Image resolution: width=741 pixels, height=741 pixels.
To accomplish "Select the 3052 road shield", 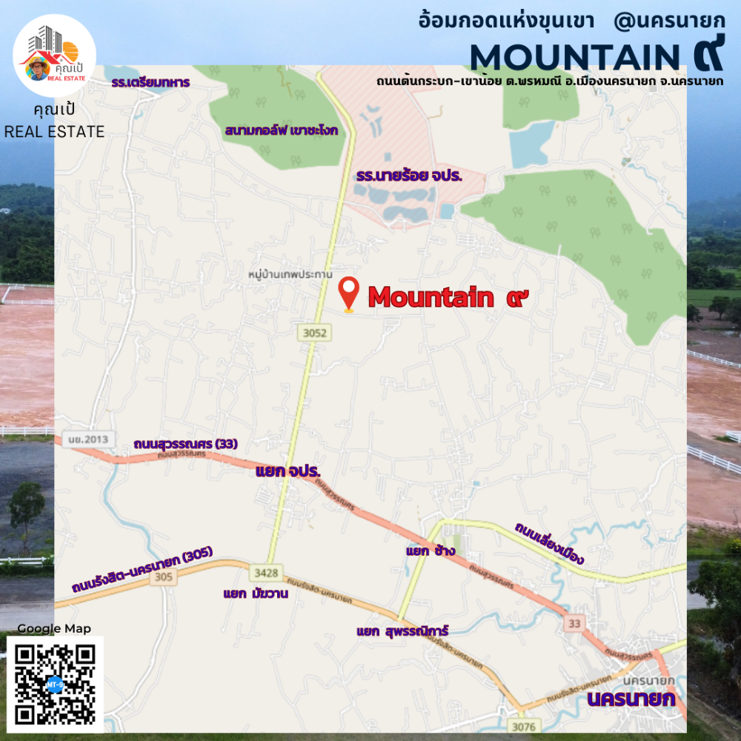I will click(x=314, y=333).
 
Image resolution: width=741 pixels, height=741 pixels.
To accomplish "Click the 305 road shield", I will click(x=164, y=576).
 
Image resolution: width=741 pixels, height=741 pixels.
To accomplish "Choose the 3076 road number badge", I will click(x=523, y=725).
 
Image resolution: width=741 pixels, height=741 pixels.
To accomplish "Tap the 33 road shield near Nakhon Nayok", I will click(x=573, y=623).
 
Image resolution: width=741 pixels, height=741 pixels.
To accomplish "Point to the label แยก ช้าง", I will click(x=431, y=551).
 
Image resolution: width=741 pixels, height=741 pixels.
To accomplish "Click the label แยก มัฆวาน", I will click(x=255, y=594).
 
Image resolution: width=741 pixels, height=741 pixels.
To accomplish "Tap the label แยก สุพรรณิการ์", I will click(x=402, y=631).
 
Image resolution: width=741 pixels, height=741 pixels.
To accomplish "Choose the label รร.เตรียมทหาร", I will click(x=151, y=82).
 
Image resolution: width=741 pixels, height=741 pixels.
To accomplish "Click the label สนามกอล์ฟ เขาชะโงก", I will click(x=282, y=130).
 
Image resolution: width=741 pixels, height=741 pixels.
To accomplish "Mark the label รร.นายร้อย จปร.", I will click(x=409, y=176).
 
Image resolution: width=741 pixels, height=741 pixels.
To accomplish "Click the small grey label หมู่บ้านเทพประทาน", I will click(x=290, y=273).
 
